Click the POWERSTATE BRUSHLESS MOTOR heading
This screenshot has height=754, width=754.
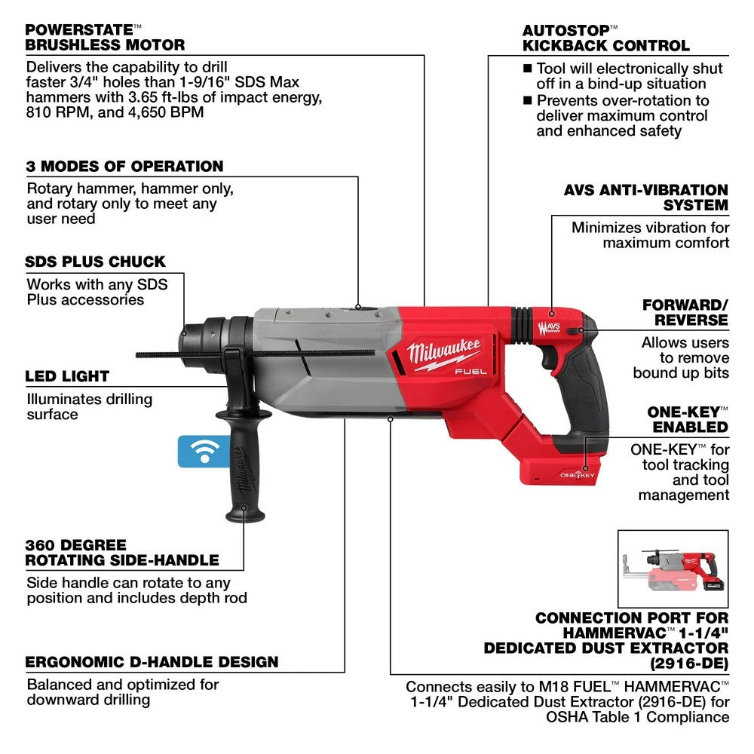105,37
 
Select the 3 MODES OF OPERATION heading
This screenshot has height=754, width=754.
125,166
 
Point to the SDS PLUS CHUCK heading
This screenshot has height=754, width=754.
96,262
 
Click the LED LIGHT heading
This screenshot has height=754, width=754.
67,375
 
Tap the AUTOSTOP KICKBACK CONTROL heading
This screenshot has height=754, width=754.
605,38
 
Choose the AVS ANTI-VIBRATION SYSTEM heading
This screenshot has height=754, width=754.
646,197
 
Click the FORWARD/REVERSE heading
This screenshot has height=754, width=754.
685,312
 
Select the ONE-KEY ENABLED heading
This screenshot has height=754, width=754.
687,419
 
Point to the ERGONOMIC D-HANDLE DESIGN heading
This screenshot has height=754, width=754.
152,663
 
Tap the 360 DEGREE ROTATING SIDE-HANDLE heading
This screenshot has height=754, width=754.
122,552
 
